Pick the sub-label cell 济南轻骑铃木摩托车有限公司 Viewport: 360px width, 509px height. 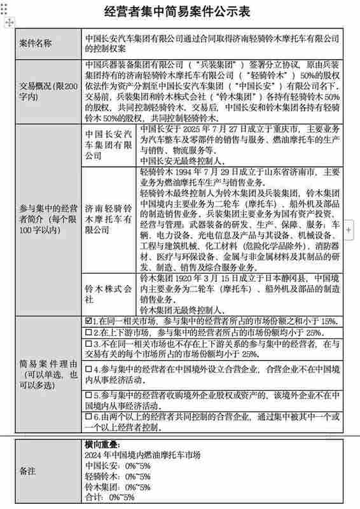click(109, 219)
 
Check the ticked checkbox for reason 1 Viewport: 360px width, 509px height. click(88, 321)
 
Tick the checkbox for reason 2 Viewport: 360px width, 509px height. click(88, 332)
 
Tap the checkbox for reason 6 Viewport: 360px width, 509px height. click(88, 417)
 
